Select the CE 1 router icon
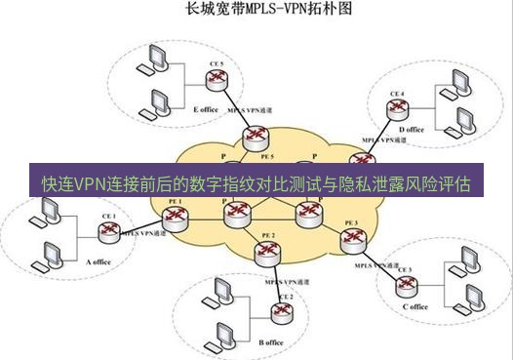[x=107, y=230]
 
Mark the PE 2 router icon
[x=265, y=253]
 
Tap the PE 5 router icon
[x=257, y=141]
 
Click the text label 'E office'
[x=206, y=109]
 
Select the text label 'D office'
[x=412, y=129]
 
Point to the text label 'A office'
[x=101, y=262]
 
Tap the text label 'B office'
[x=270, y=342]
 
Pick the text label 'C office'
[x=414, y=306]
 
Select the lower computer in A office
[x=46, y=257]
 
